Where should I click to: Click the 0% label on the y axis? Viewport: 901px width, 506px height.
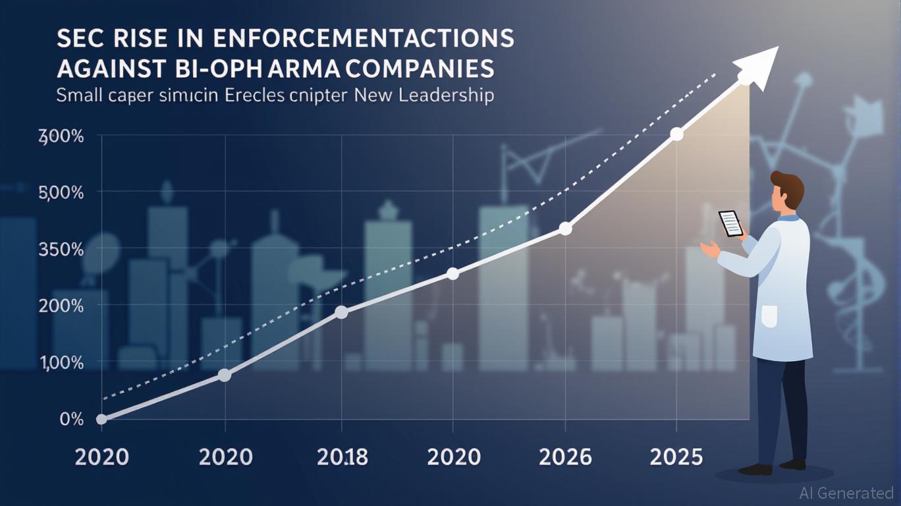(x=71, y=420)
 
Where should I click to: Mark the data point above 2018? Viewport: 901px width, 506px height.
(x=341, y=312)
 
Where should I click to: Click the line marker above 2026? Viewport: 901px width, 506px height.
(x=565, y=229)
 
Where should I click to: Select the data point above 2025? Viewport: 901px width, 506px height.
(x=676, y=134)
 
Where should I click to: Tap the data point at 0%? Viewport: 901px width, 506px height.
(x=101, y=419)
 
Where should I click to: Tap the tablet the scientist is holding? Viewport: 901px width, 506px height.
(x=730, y=223)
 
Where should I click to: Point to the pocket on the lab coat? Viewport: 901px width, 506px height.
(x=769, y=316)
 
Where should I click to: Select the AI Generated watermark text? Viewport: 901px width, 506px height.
(x=846, y=492)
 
